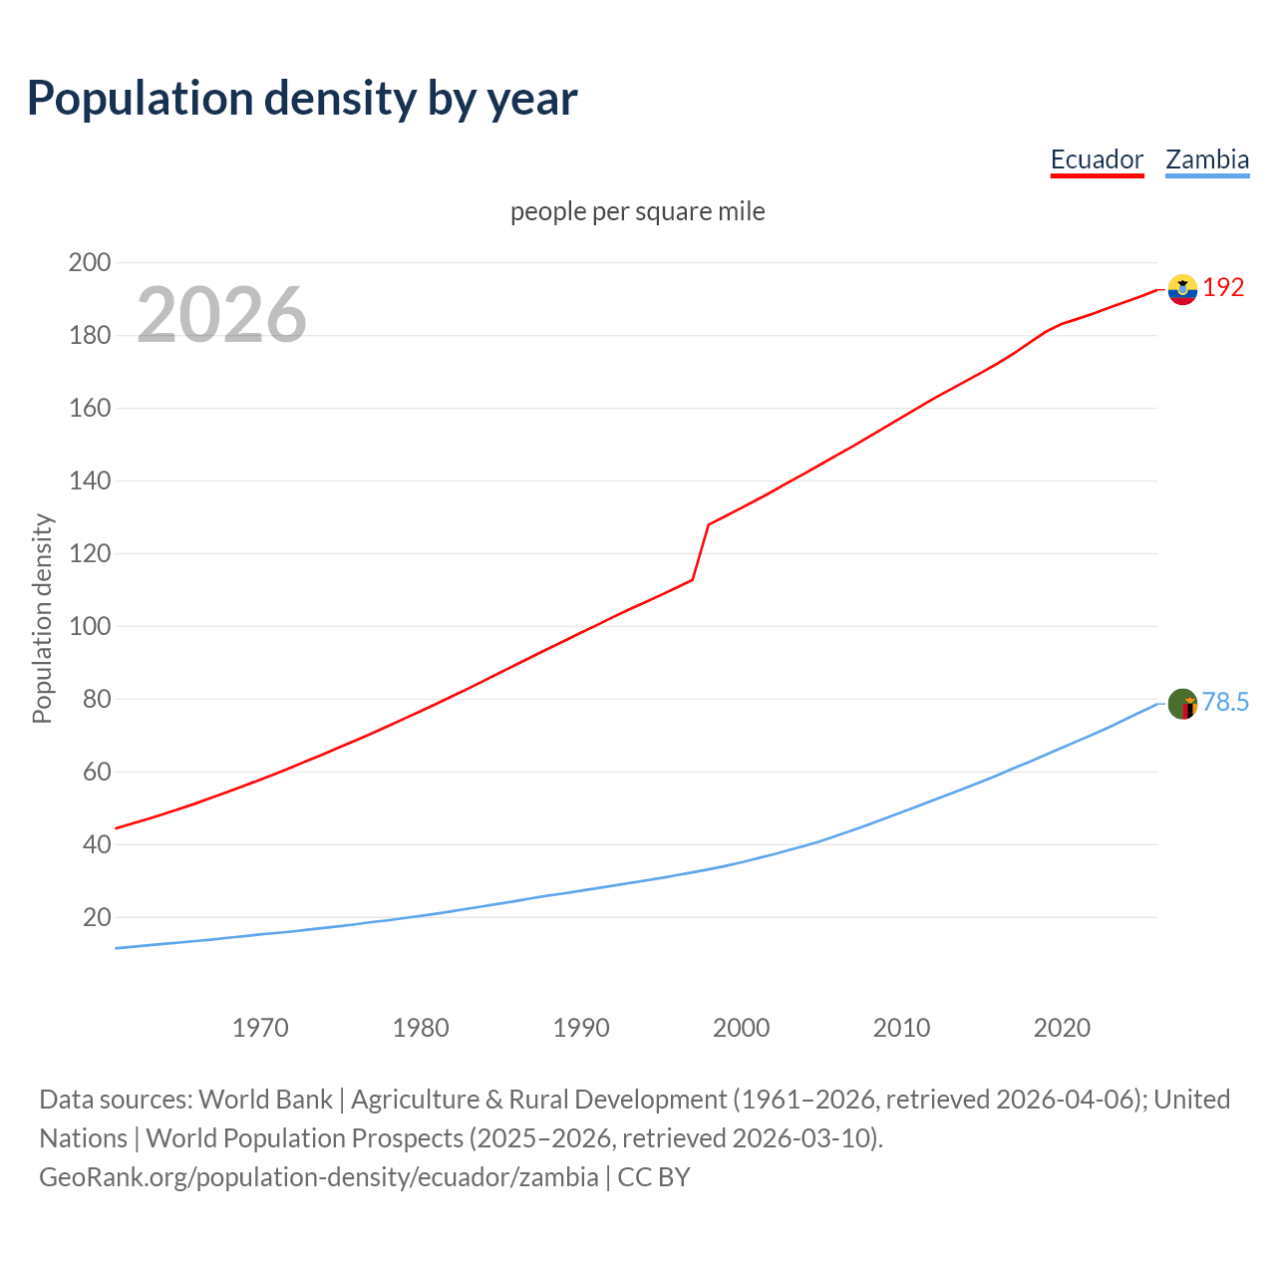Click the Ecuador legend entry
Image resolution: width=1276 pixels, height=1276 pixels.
pyautogui.click(x=1097, y=159)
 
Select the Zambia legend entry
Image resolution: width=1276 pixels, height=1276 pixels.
pyautogui.click(x=1207, y=159)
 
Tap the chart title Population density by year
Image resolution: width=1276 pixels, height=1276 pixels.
pyautogui.click(x=302, y=98)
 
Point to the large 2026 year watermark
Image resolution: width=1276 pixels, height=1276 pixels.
pyautogui.click(x=221, y=315)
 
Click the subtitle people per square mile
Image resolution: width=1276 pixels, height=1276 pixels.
pyautogui.click(x=637, y=211)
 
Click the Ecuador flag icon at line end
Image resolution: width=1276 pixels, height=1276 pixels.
pyautogui.click(x=1182, y=289)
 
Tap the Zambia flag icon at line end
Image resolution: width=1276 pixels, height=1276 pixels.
pyautogui.click(x=1182, y=704)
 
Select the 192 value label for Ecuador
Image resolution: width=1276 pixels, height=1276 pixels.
pyautogui.click(x=1223, y=288)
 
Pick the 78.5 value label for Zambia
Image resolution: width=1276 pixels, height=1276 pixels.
pyautogui.click(x=1225, y=703)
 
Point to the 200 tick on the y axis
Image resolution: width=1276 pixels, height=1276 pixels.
pyautogui.click(x=89, y=263)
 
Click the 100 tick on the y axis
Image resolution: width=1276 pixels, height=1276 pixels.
pyautogui.click(x=89, y=627)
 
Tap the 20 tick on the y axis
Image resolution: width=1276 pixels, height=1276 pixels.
pyautogui.click(x=96, y=917)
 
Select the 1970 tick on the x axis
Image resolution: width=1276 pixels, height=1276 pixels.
pyautogui.click(x=260, y=1028)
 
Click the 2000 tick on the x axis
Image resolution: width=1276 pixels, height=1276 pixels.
pyautogui.click(x=741, y=1028)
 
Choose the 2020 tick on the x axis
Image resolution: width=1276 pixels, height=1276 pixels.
pyautogui.click(x=1062, y=1028)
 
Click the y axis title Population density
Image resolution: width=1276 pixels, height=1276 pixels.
pyautogui.click(x=42, y=618)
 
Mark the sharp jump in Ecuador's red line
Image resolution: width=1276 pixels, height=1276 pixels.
pyautogui.click(x=701, y=552)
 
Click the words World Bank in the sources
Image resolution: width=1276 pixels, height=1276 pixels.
pyautogui.click(x=265, y=1100)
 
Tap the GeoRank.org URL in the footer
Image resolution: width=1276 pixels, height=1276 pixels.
pyautogui.click(x=318, y=1177)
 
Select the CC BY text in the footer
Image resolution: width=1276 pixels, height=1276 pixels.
pyautogui.click(x=654, y=1177)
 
